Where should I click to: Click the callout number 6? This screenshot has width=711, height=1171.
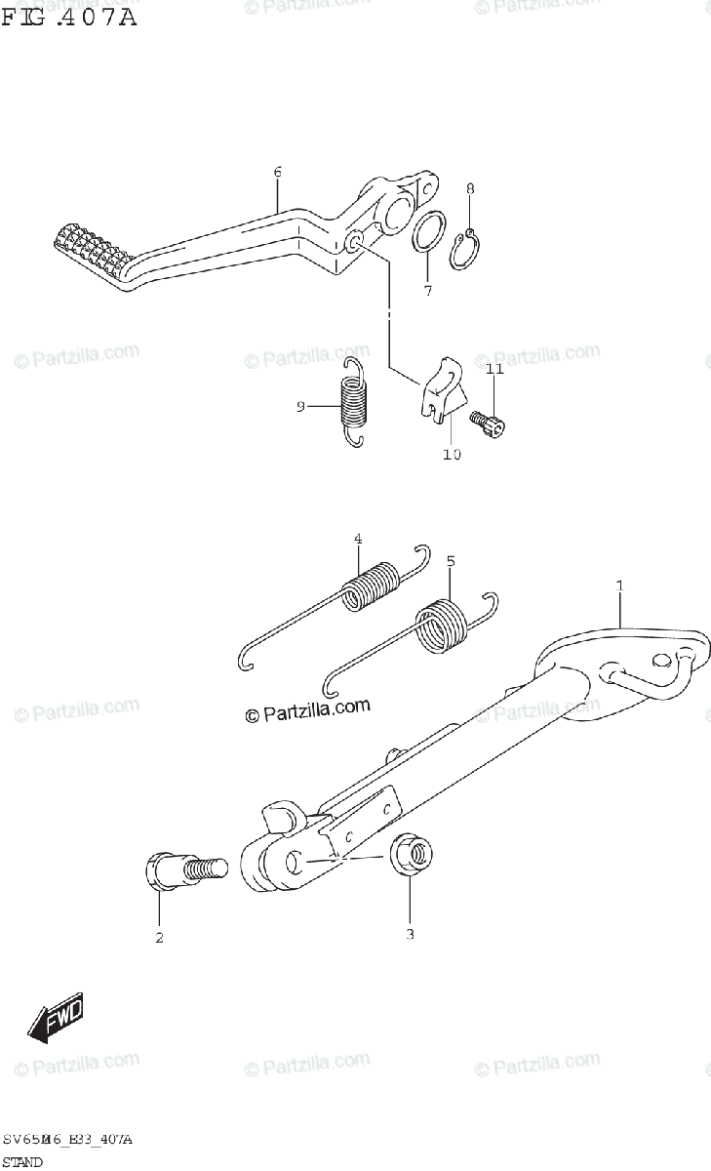[277, 173]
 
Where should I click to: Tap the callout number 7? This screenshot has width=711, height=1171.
[427, 291]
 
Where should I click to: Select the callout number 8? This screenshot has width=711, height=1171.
[469, 188]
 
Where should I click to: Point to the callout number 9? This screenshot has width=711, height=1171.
[301, 406]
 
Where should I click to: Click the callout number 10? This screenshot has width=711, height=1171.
[452, 454]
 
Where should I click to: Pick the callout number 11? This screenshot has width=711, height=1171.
[494, 369]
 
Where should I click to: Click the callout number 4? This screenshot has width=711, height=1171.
[358, 539]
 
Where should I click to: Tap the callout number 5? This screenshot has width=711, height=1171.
[451, 561]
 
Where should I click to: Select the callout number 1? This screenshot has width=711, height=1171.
[618, 585]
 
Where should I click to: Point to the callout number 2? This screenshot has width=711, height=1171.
[159, 939]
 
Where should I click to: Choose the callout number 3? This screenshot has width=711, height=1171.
[410, 935]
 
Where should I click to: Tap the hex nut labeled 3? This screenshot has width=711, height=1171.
[411, 856]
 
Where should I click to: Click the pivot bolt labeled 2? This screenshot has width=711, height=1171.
[184, 868]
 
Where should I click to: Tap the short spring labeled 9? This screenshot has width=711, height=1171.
[352, 401]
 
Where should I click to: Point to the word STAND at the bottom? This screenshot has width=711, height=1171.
[22, 1162]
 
